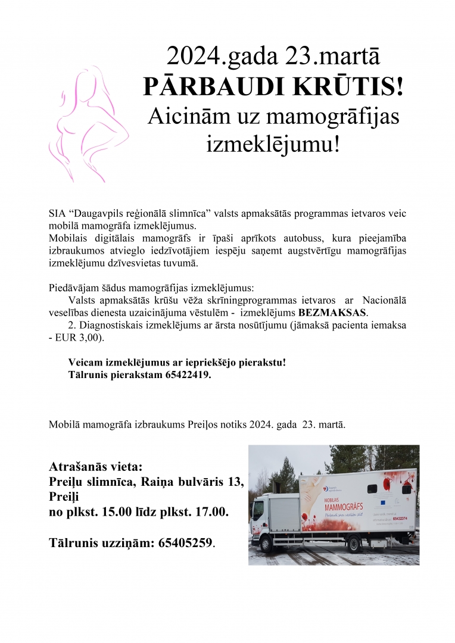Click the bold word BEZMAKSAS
[x=333, y=313]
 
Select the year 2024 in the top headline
[x=195, y=57]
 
